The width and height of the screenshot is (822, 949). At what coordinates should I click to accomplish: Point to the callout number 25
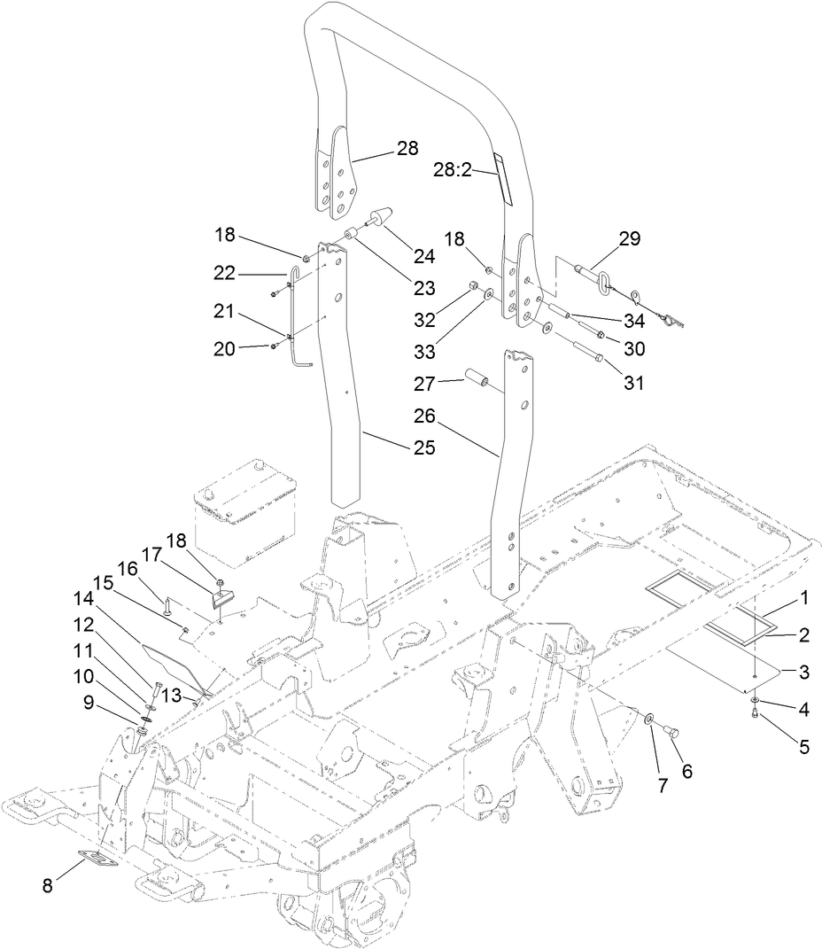424,447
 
